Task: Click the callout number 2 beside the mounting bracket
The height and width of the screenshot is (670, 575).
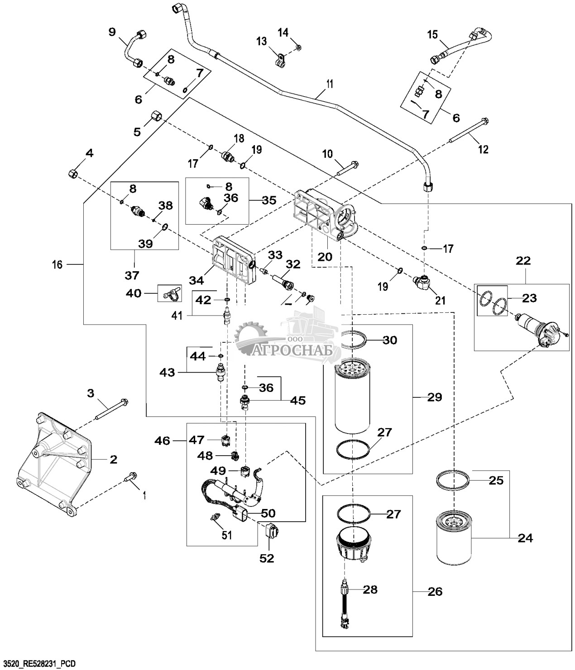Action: (x=113, y=459)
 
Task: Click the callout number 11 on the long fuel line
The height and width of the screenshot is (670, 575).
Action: (x=330, y=84)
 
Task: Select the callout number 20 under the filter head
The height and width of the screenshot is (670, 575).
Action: (x=325, y=257)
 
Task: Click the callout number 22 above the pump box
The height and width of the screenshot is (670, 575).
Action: (x=523, y=261)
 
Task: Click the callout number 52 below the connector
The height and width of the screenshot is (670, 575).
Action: (x=267, y=558)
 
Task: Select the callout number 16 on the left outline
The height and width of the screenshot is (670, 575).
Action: (x=57, y=264)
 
